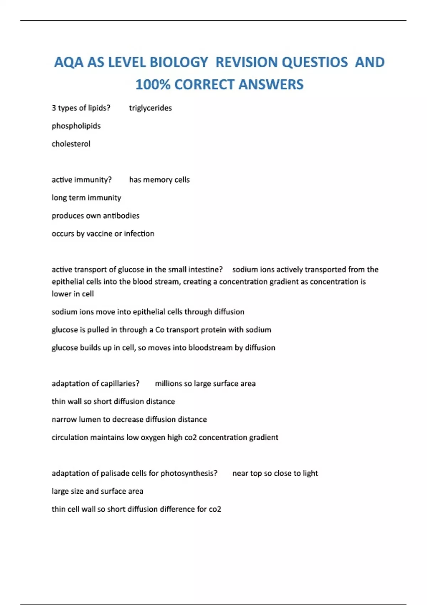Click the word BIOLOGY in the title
179,62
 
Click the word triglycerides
150,108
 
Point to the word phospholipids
76,126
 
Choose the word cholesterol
71,144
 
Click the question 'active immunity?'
81,180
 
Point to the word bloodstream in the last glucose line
210,348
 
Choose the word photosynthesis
189,473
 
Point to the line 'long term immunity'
86,198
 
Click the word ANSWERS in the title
271,85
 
